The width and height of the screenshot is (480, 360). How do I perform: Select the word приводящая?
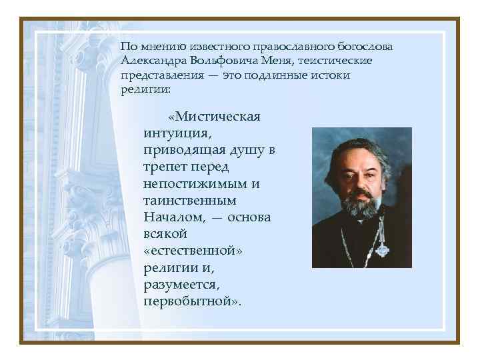(185, 151)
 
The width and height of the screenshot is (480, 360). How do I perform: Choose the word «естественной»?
(191, 251)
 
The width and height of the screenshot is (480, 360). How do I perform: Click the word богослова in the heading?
(365, 47)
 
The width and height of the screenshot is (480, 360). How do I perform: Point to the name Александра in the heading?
(155, 61)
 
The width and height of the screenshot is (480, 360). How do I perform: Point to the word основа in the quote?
(247, 217)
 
